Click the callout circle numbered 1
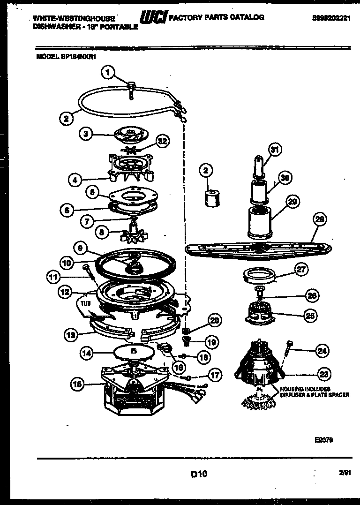click(x=108, y=73)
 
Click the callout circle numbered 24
click(x=322, y=350)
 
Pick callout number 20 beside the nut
click(x=214, y=321)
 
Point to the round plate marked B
click(x=133, y=350)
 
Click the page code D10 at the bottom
click(x=199, y=474)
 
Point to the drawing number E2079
click(x=324, y=439)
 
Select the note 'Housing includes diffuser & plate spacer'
click(x=315, y=392)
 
